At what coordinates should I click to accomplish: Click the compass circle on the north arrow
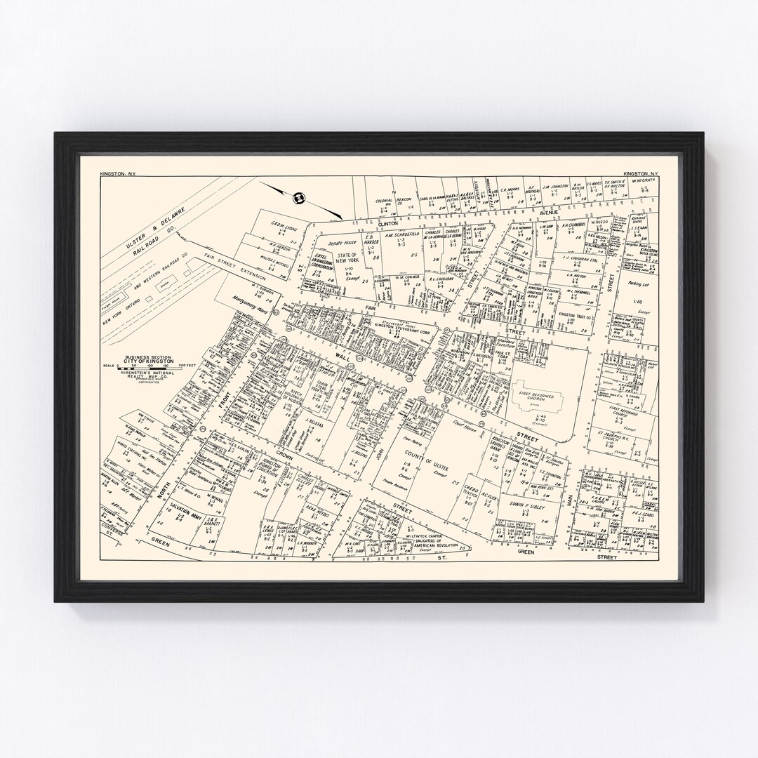point(298,198)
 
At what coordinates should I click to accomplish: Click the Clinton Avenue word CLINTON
point(388,222)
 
